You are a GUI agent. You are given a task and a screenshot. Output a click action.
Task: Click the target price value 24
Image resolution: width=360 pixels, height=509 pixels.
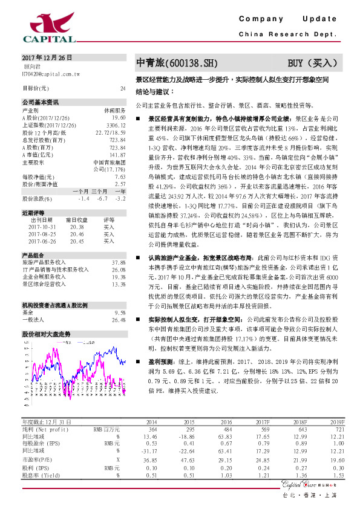(123, 88)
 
